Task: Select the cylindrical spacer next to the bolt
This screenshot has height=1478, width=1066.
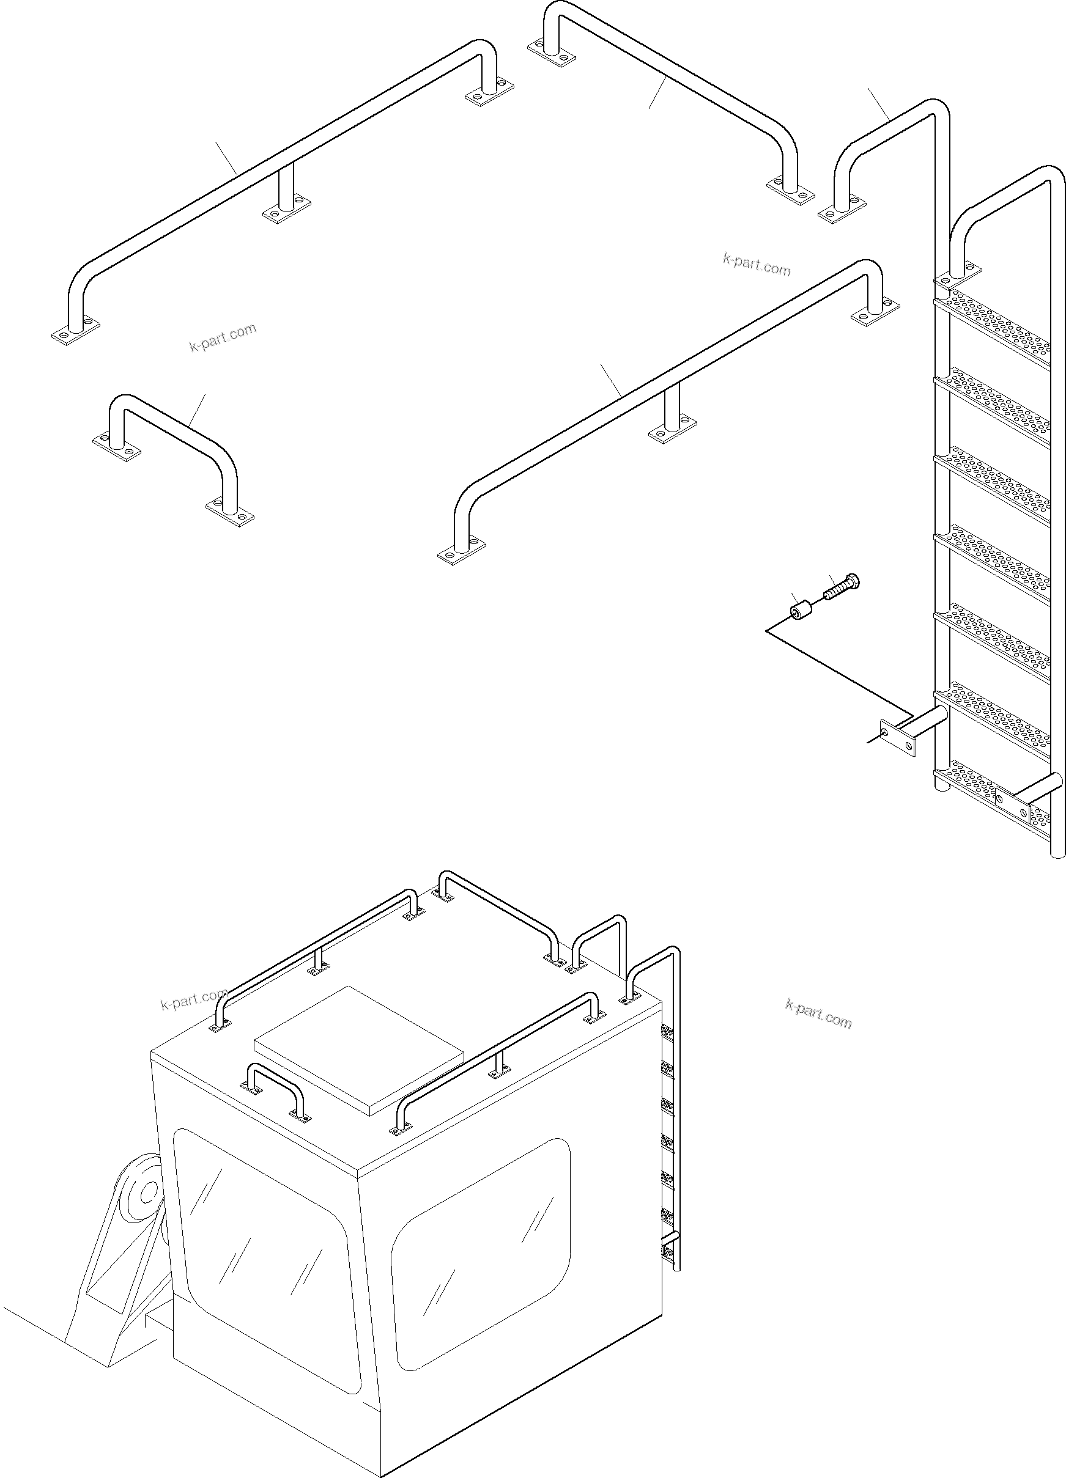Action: (x=800, y=612)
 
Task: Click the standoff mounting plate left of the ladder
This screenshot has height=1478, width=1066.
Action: (x=897, y=737)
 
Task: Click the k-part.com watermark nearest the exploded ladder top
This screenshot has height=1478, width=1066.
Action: (x=757, y=265)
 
